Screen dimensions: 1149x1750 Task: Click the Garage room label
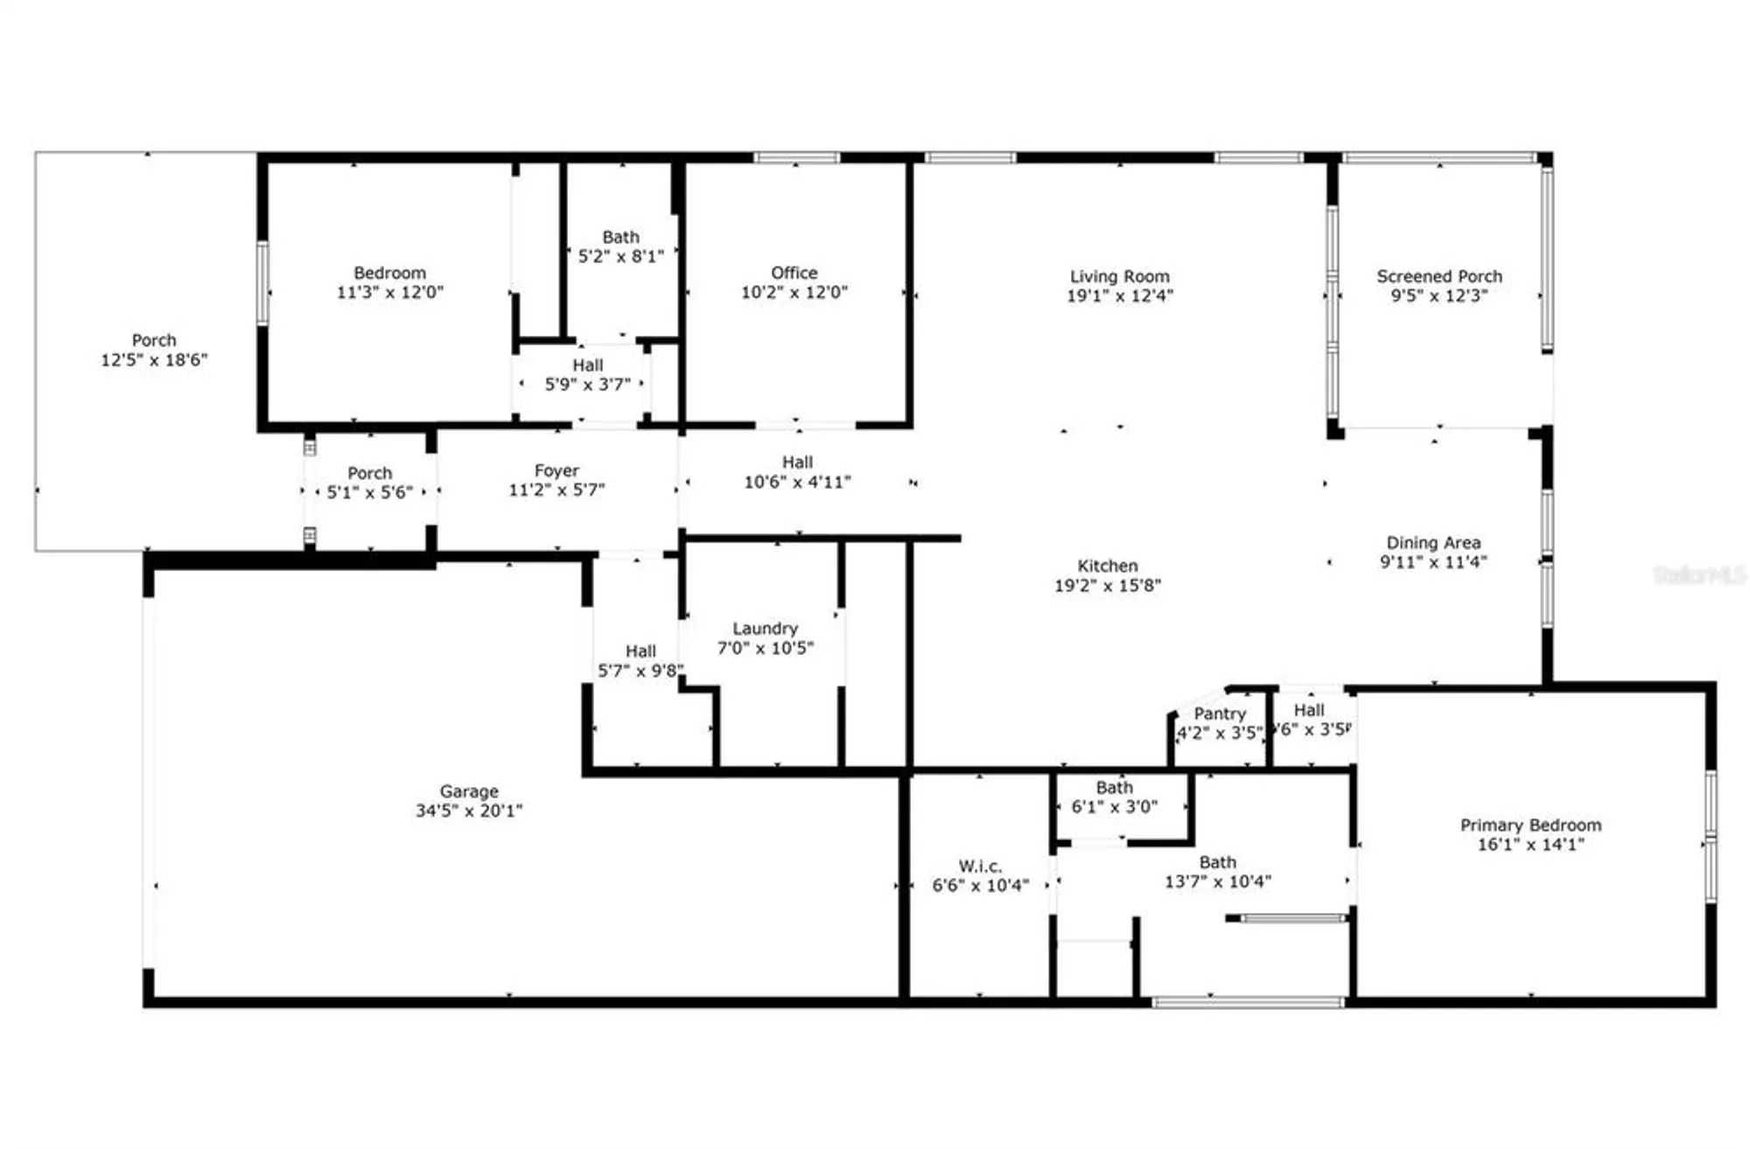click(x=468, y=791)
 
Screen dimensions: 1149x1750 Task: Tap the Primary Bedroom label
click(x=1530, y=825)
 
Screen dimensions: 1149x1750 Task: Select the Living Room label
click(x=1119, y=276)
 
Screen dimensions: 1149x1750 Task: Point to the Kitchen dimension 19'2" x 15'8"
click(x=1107, y=586)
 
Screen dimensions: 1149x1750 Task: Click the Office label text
click(x=794, y=273)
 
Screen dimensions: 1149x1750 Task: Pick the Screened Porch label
click(x=1438, y=276)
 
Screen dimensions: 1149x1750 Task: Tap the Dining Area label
click(x=1432, y=542)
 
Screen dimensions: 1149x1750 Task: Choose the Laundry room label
click(x=765, y=628)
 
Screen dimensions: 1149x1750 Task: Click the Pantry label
click(x=1219, y=714)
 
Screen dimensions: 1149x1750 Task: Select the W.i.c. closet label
click(x=980, y=866)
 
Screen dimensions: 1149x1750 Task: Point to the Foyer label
click(x=556, y=470)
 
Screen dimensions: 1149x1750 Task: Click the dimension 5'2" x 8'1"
click(x=620, y=256)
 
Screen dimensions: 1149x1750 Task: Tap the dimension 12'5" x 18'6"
click(x=154, y=359)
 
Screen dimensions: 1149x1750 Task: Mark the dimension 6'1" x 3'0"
click(x=1114, y=806)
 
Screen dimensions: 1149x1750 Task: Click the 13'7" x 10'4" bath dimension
click(x=1217, y=881)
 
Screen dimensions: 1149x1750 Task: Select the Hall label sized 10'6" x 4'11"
click(x=797, y=462)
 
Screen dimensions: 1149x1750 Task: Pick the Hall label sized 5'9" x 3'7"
click(x=587, y=365)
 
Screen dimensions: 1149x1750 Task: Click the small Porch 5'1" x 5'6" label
click(x=369, y=473)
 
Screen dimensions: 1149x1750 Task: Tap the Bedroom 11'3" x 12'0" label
click(x=389, y=273)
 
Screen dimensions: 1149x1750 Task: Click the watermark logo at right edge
click(x=1698, y=574)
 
